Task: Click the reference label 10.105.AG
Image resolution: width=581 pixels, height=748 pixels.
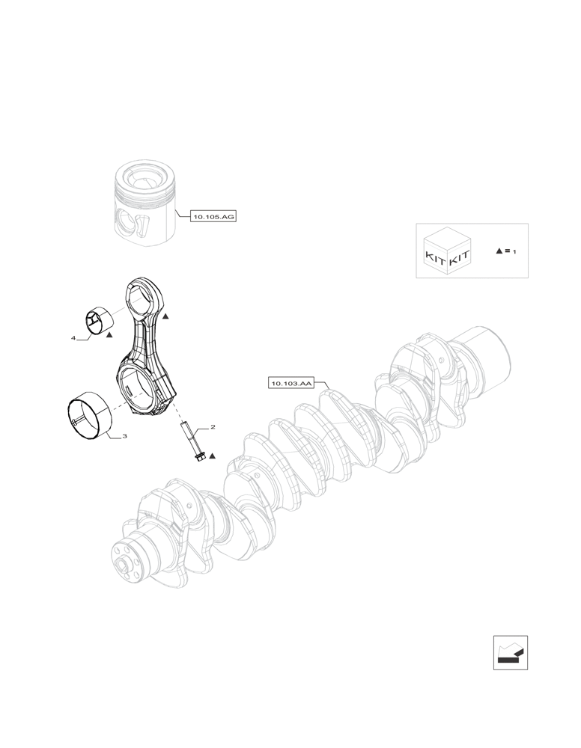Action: point(213,217)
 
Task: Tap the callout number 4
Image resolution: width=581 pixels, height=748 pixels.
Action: point(73,338)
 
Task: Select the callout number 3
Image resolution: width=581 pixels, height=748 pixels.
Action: point(124,435)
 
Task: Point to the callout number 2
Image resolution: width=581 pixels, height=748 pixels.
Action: point(213,427)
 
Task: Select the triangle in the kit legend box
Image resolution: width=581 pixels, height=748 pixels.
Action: point(499,251)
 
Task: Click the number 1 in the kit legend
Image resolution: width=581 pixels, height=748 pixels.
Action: point(515,252)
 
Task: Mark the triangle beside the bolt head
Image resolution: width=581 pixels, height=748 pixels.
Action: point(213,455)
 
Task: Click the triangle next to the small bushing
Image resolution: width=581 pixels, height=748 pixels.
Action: point(109,335)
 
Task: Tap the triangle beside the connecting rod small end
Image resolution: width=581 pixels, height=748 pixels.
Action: point(166,317)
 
